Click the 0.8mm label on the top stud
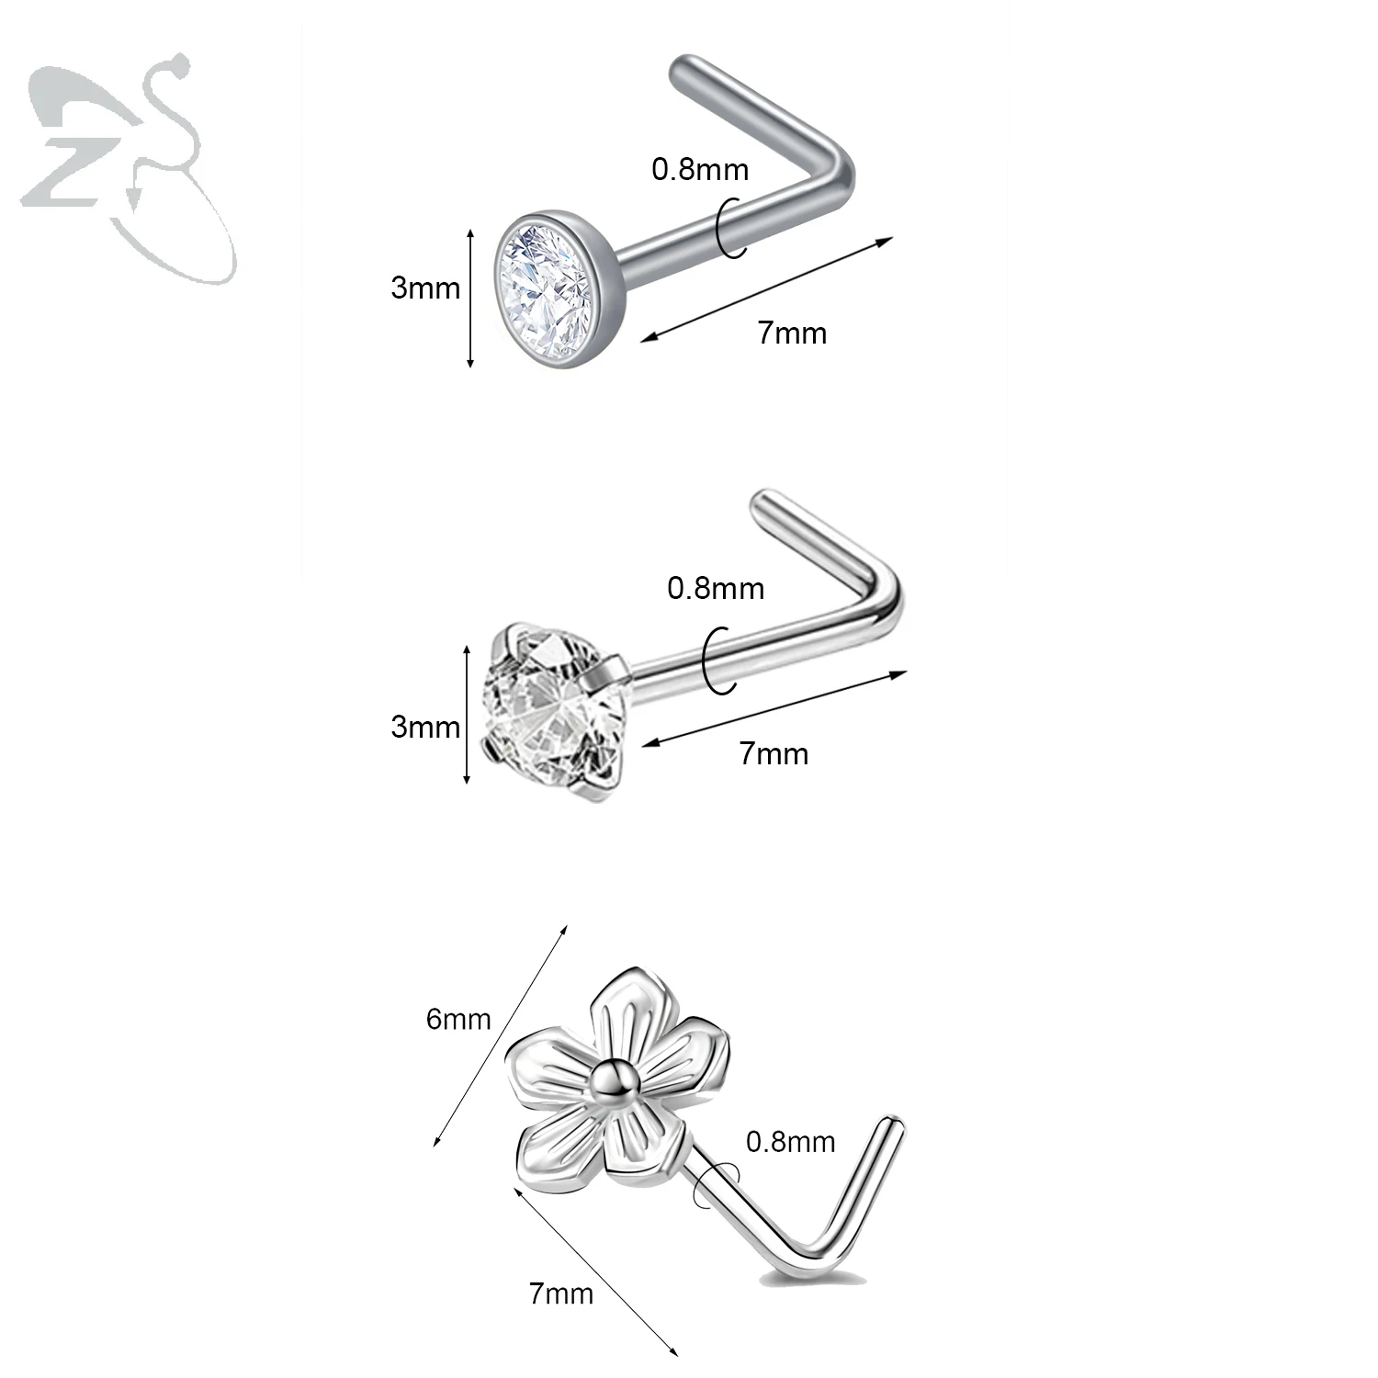[700, 170]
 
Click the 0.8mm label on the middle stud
[716, 588]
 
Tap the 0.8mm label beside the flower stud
[790, 1142]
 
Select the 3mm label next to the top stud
[424, 288]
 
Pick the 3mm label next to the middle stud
[424, 728]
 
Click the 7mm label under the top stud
[792, 333]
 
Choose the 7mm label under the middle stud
[774, 754]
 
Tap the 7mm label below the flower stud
[560, 1295]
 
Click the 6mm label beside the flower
[458, 1020]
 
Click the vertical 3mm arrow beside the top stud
[470, 299]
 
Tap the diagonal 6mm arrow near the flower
[501, 1034]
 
